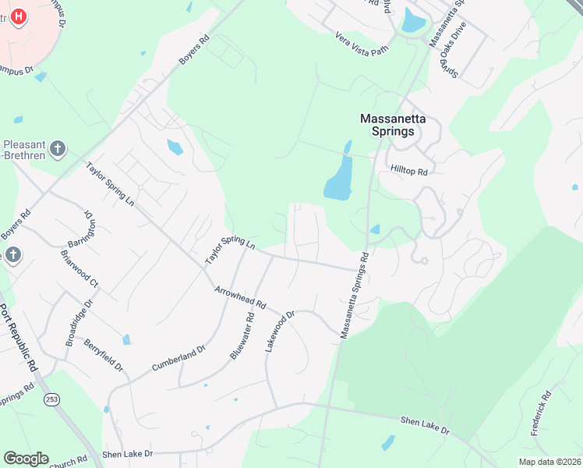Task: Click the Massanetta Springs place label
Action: click(398, 125)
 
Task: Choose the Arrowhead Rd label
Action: click(241, 296)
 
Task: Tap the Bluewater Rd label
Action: click(242, 335)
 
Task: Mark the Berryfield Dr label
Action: click(104, 355)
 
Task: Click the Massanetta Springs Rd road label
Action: click(353, 295)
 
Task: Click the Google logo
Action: click(26, 459)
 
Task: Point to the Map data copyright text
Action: click(549, 462)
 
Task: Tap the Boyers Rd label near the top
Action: click(194, 49)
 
